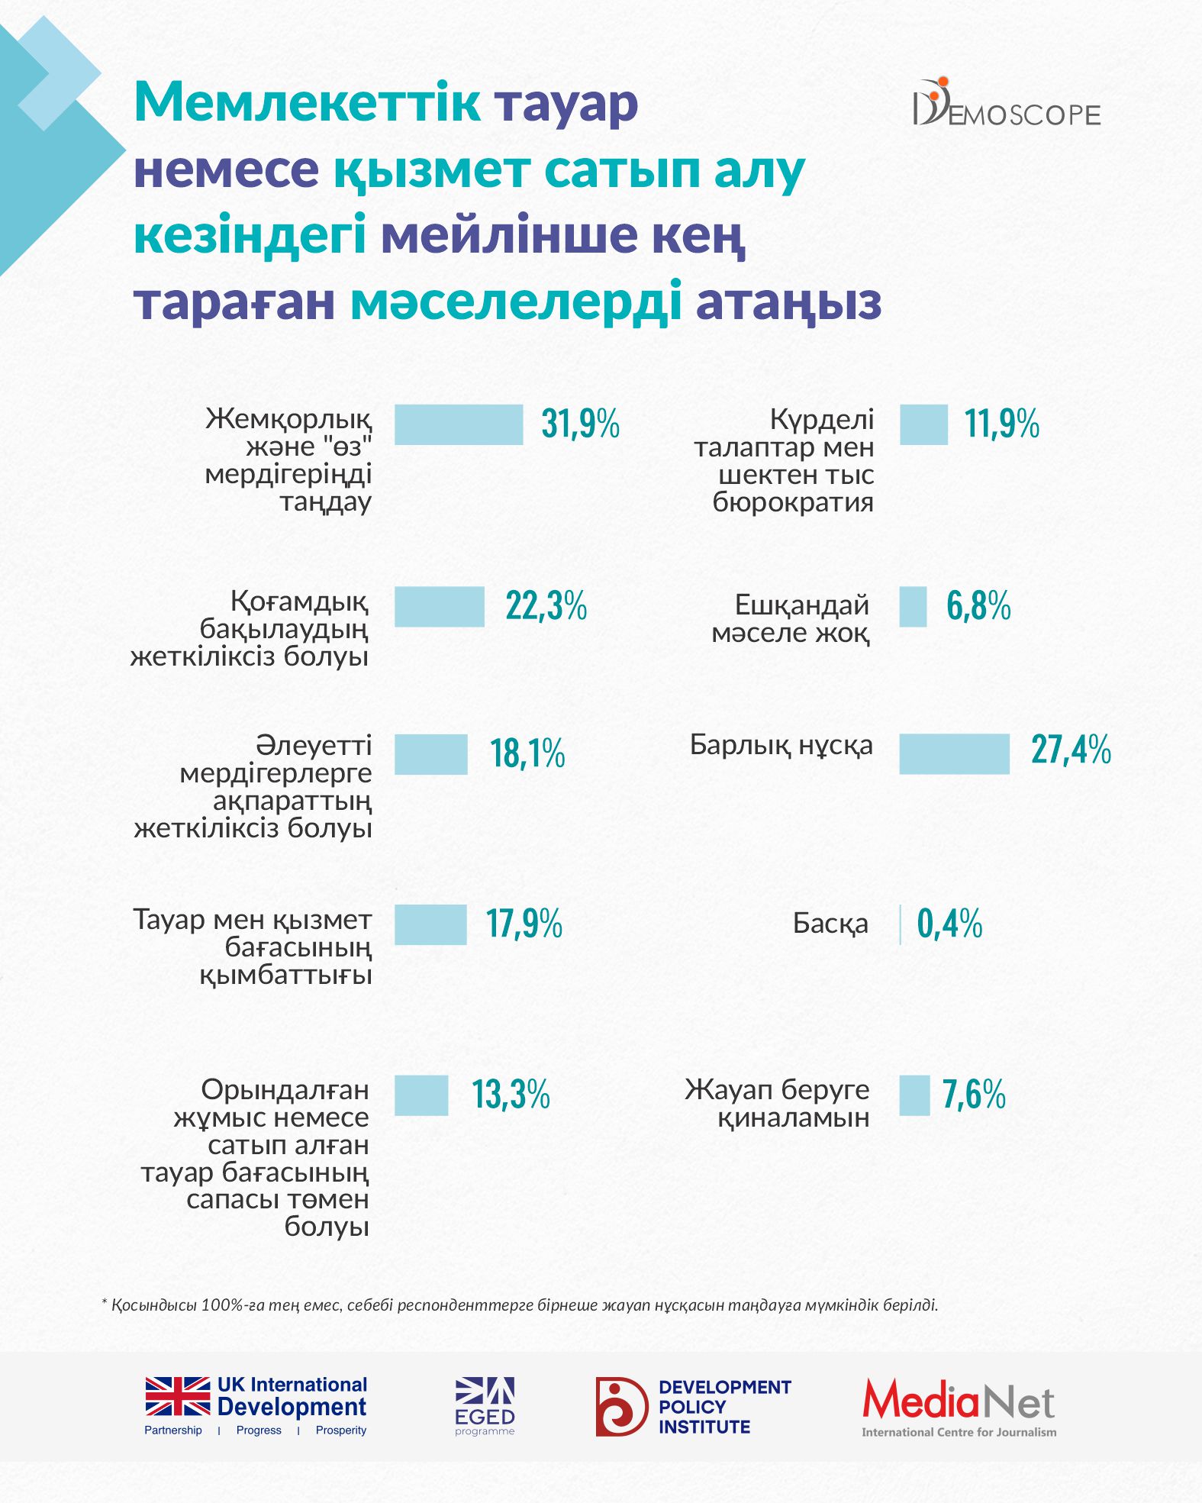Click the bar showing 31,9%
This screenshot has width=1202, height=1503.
(x=458, y=424)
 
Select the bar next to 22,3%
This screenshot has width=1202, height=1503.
(x=439, y=607)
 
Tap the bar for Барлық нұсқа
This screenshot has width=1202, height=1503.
(x=954, y=754)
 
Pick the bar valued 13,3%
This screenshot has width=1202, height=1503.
(x=421, y=1095)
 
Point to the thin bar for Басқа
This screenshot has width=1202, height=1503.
(x=901, y=924)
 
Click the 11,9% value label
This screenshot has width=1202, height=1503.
(x=1001, y=424)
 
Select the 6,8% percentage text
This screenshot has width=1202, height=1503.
(x=978, y=606)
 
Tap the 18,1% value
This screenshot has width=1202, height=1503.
(x=527, y=753)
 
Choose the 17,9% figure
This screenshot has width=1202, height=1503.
(x=524, y=924)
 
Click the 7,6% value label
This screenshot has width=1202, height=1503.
(x=974, y=1095)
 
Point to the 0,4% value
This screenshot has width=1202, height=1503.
(x=949, y=924)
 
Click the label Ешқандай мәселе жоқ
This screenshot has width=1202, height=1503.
(x=791, y=618)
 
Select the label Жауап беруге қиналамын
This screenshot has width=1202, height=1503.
(x=777, y=1103)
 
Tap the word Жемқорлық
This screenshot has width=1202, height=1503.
(x=288, y=419)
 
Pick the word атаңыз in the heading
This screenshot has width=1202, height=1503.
(x=788, y=302)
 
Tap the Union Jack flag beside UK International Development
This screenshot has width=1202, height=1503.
(x=178, y=1397)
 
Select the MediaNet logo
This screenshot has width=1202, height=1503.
(x=959, y=1407)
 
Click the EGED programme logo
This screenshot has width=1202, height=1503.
(x=485, y=1406)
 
